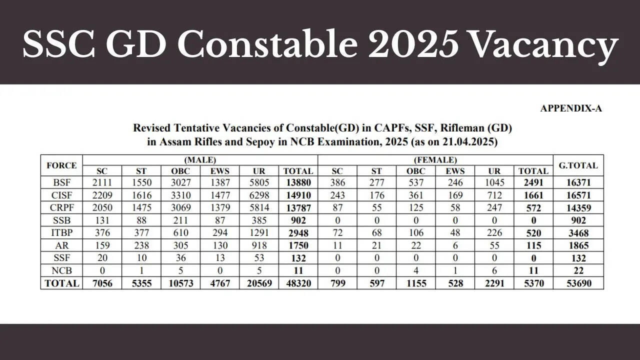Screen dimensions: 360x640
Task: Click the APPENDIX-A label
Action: pos(570,108)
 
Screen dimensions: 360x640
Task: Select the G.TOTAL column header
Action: pos(578,165)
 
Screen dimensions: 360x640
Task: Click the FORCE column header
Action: pos(61,165)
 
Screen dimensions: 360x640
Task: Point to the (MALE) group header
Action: pos(200,160)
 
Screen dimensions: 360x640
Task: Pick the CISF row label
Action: pos(61,194)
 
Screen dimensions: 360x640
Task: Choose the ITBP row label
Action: pos(61,232)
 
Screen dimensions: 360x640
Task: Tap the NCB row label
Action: pos(61,270)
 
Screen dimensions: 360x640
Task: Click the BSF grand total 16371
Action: pos(578,182)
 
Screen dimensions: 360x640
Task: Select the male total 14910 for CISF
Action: pos(298,194)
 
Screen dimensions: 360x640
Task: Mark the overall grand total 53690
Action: pos(578,283)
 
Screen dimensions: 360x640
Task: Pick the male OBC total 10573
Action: pos(180,283)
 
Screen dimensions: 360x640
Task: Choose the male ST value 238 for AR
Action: pos(141,245)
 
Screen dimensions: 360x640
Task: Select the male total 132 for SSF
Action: pos(298,258)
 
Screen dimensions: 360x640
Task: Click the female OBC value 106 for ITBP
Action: pos(416,232)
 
